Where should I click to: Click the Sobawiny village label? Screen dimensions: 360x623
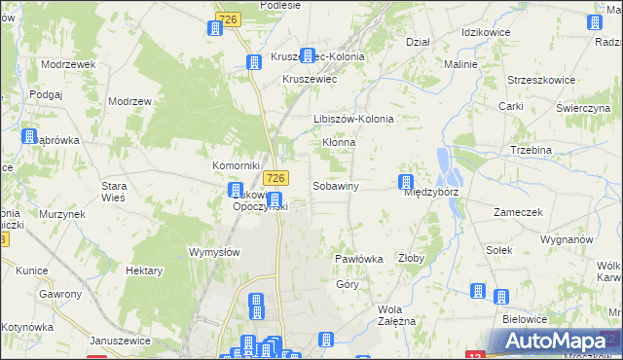(337, 185)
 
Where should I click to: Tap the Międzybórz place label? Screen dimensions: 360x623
(430, 192)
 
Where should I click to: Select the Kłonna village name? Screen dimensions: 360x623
(339, 142)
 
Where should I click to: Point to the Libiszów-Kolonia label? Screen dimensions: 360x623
(353, 119)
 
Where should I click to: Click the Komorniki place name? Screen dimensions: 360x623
(236, 165)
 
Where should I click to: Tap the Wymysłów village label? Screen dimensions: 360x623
(213, 251)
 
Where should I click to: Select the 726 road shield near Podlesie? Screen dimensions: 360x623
(230, 18)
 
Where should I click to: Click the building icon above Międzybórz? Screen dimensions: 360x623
(406, 182)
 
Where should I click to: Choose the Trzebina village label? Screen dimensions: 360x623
(531, 150)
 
